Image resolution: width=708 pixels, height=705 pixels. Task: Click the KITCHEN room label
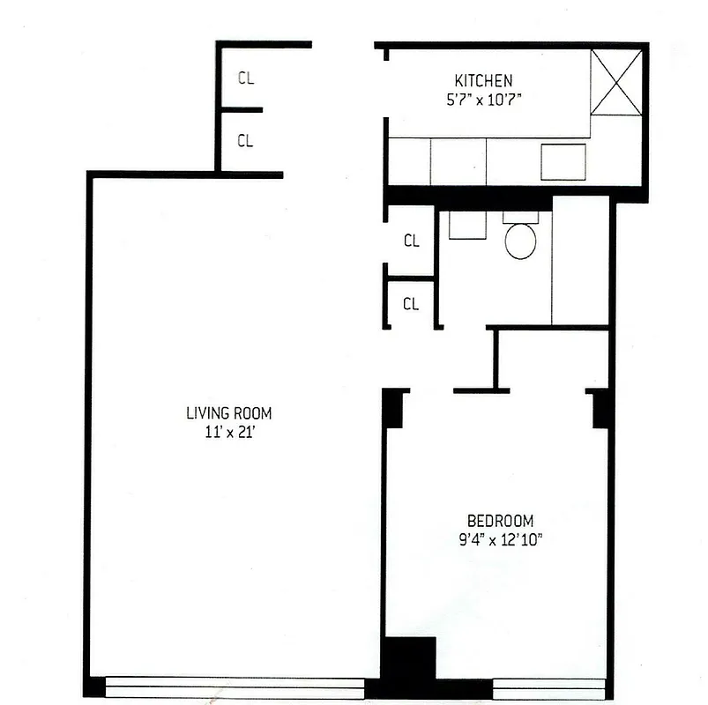[482, 80]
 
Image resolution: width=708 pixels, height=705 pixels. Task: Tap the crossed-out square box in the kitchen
[615, 82]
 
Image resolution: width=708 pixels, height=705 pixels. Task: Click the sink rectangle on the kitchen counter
[563, 162]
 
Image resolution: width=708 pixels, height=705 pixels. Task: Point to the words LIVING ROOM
[229, 412]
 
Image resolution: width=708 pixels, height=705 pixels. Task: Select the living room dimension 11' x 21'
[229, 432]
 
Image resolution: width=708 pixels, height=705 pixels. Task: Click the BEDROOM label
[500, 521]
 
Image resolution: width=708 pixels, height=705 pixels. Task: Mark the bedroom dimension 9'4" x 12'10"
[499, 539]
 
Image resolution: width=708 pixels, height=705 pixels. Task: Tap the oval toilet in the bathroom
[520, 241]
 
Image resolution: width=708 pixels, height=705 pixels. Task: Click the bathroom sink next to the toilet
[466, 226]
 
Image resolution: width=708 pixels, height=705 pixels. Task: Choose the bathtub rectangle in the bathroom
[580, 261]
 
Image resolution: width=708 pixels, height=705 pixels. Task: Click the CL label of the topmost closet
[246, 78]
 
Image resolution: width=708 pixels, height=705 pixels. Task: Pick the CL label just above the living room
[246, 141]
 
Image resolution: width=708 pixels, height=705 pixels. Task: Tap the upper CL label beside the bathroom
[411, 241]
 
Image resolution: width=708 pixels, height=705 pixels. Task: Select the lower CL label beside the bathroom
[411, 304]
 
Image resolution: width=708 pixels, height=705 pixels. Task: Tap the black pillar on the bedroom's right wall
[601, 408]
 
